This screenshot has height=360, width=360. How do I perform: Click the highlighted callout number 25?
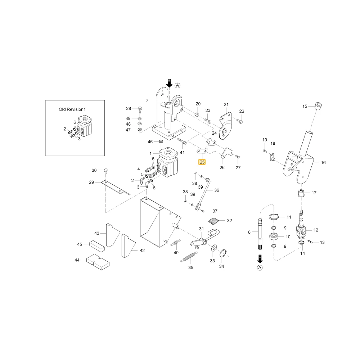pyautogui.click(x=202, y=162)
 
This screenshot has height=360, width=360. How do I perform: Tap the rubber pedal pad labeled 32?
pyautogui.click(x=214, y=221)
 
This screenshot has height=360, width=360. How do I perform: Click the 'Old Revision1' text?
pyautogui.click(x=72, y=109)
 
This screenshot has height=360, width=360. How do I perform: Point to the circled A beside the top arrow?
pyautogui.click(x=177, y=85)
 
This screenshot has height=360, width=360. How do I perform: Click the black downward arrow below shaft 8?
pyautogui.click(x=260, y=258)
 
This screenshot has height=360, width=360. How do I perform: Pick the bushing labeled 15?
pyautogui.click(x=318, y=106)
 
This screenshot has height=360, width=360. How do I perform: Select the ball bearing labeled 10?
pyautogui.click(x=274, y=236)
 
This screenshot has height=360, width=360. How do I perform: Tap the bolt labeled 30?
pyautogui.click(x=106, y=171)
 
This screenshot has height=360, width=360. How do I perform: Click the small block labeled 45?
pyautogui.click(x=96, y=246)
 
